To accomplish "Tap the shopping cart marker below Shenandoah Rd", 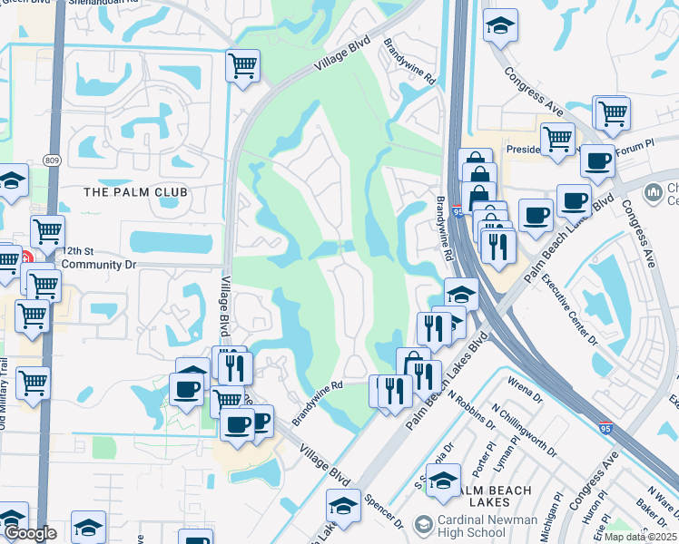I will coord(243,65).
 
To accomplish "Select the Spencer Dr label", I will coord(383,510).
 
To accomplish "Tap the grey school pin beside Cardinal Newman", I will coord(422,525).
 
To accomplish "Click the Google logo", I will coord(30,533).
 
